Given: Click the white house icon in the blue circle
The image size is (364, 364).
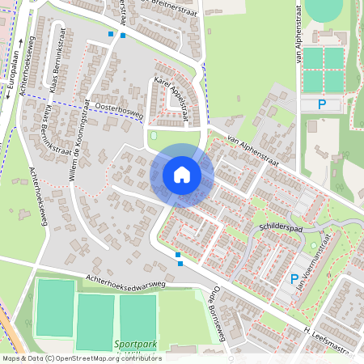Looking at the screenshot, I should (x=182, y=175).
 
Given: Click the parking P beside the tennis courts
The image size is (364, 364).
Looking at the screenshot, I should (x=321, y=104).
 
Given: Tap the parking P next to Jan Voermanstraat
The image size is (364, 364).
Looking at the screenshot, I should (x=294, y=279).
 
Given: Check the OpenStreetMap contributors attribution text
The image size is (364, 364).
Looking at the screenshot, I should (x=81, y=358).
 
